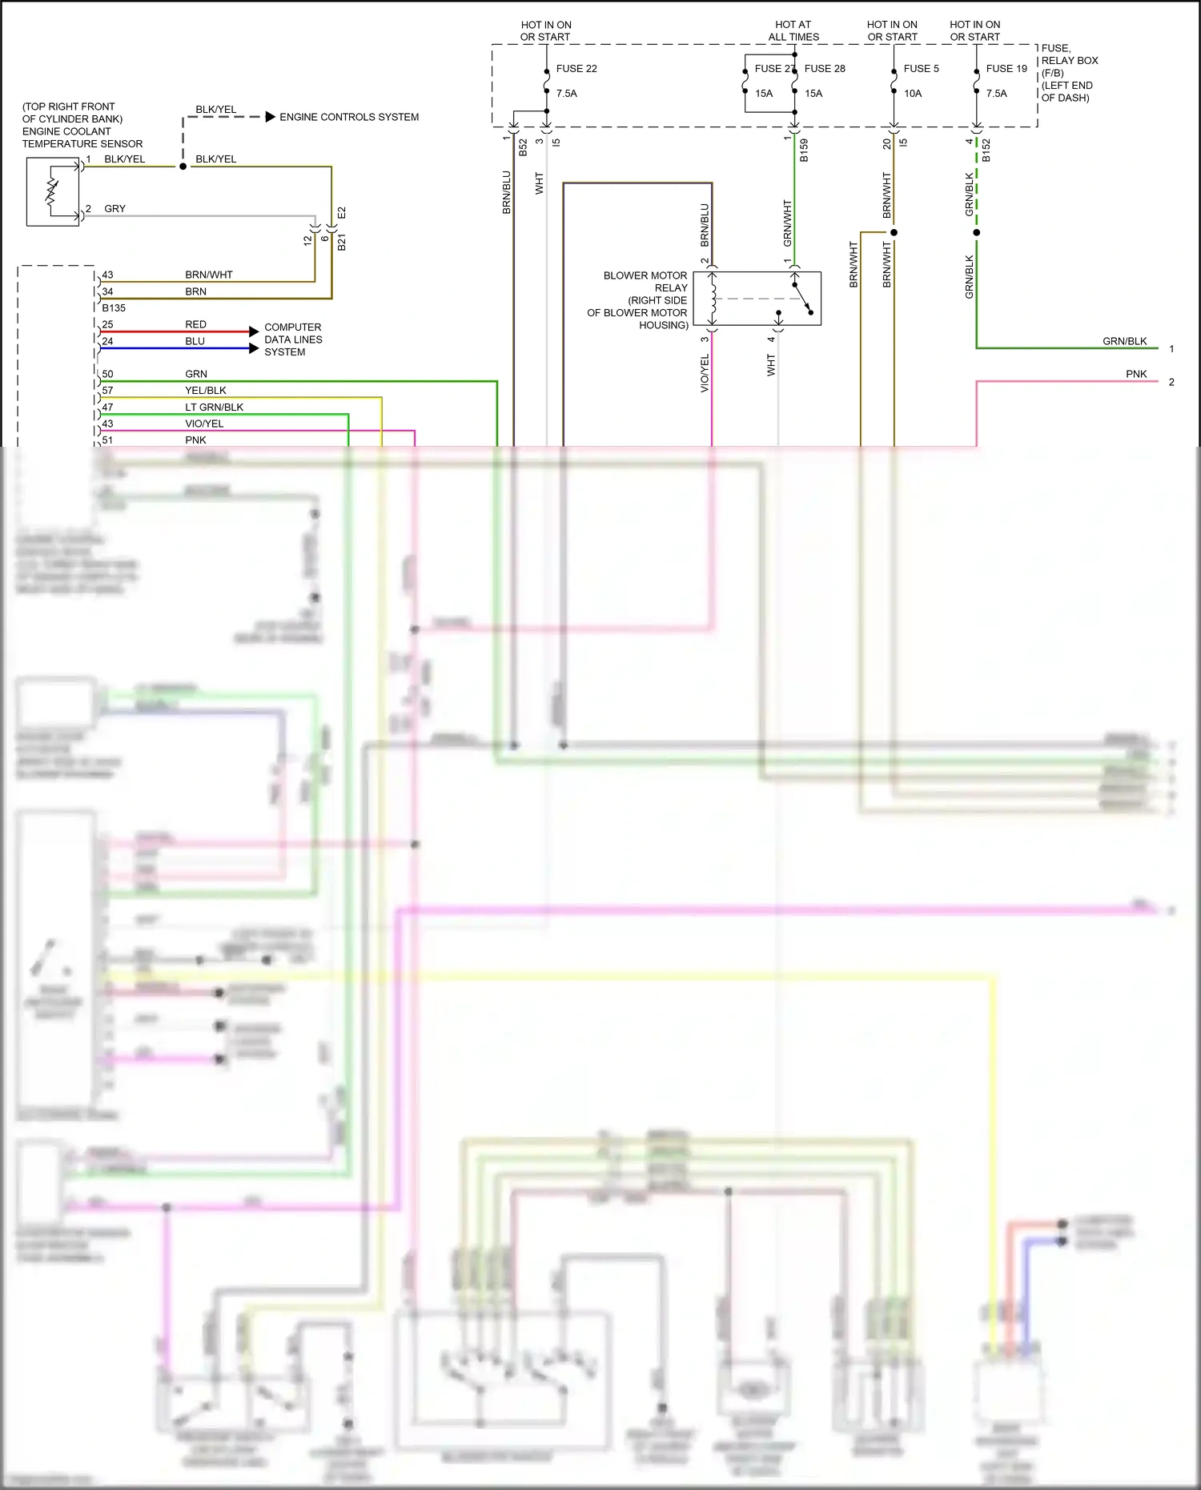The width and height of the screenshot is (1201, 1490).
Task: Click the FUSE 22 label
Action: click(x=576, y=69)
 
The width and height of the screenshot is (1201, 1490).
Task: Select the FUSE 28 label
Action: click(x=824, y=69)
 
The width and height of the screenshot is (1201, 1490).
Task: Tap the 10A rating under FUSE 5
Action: click(x=912, y=94)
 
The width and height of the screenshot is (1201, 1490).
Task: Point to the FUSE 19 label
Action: click(x=1006, y=69)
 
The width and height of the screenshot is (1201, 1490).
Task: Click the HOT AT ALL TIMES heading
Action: click(x=793, y=31)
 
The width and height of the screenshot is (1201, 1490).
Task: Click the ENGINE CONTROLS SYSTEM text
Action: click(x=348, y=117)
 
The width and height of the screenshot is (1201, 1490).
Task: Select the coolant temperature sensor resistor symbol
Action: click(x=52, y=191)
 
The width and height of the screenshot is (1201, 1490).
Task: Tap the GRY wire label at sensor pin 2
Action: click(x=114, y=209)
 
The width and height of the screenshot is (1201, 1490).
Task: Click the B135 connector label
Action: click(x=114, y=308)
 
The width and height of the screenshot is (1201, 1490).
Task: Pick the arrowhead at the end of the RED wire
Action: click(x=254, y=331)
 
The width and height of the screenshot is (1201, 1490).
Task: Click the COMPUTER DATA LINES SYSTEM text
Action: click(x=293, y=339)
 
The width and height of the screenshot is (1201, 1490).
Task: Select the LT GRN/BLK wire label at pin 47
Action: click(x=214, y=408)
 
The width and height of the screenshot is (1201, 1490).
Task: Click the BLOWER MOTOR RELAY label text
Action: click(x=645, y=282)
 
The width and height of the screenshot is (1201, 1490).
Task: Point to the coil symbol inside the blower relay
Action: click(x=713, y=299)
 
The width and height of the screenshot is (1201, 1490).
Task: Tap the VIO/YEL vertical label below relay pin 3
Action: click(x=705, y=373)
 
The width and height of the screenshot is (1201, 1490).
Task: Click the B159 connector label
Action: click(x=804, y=151)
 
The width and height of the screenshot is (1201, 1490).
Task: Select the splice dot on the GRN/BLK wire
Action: click(x=976, y=233)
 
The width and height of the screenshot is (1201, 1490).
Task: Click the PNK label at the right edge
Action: click(x=1135, y=375)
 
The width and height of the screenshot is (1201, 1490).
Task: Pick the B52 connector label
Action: click(x=523, y=147)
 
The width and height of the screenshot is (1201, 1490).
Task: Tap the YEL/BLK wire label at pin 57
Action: click(x=205, y=391)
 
